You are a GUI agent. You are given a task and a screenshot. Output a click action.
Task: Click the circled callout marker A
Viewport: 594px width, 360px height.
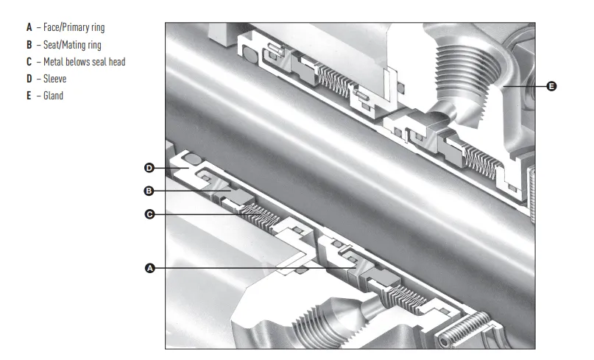pos(150,268)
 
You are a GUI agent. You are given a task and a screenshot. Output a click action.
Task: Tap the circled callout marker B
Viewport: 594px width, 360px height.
pos(149,191)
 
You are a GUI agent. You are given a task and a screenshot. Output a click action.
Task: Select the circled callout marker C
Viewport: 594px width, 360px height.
pos(149,214)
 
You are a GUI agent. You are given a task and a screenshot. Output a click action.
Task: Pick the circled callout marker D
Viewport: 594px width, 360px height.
pos(149,168)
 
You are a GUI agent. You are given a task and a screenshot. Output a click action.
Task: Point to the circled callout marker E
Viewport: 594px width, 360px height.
pos(552,86)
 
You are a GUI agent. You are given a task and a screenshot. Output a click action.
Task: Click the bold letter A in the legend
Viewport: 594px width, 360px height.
pos(29,27)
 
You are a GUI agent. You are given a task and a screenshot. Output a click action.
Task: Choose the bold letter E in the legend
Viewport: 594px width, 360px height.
pos(29,96)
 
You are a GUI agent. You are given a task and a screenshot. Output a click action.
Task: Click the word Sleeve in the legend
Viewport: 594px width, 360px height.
pos(55,79)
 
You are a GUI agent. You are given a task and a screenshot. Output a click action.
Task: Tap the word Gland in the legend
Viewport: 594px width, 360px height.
pos(54,96)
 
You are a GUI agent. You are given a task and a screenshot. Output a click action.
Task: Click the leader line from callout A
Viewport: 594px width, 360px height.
pos(255,268)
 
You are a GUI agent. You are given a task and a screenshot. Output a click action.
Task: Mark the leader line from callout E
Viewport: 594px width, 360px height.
pos(525,86)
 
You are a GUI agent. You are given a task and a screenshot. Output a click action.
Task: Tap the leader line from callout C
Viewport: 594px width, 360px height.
pos(208,214)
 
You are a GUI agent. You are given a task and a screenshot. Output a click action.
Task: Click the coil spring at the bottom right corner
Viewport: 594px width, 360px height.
pos(464,328)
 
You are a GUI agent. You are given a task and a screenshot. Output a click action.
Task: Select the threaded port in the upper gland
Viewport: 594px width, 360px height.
pos(469,79)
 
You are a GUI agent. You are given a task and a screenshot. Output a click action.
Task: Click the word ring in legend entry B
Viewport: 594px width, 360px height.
pos(94,45)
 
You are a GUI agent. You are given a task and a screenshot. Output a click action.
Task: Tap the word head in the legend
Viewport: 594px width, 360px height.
pos(117,61)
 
